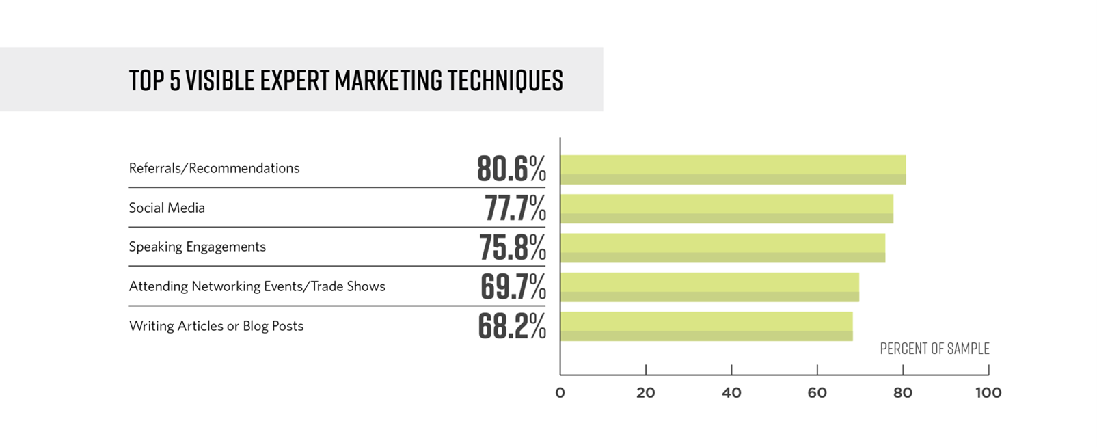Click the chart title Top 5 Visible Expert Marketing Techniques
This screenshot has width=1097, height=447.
pyautogui.click(x=346, y=80)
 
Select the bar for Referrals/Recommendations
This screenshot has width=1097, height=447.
pyautogui.click(x=733, y=170)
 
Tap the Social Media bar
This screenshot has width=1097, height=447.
pyautogui.click(x=727, y=208)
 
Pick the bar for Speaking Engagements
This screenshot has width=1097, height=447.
pyautogui.click(x=722, y=247)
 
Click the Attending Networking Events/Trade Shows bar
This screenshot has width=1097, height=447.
pyautogui.click(x=709, y=287)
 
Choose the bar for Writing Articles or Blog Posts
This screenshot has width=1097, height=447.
pyautogui.click(x=706, y=326)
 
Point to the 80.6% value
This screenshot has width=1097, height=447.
pyautogui.click(x=511, y=169)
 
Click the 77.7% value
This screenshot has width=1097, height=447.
pyautogui.click(x=515, y=208)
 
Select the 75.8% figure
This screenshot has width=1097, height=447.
pyautogui.click(x=512, y=247)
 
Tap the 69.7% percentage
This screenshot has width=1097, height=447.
pyautogui.click(x=513, y=287)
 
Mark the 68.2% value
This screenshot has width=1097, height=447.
pyautogui.click(x=512, y=326)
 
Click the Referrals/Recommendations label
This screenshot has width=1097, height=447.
pyautogui.click(x=214, y=168)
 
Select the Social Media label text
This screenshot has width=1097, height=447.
pyautogui.click(x=167, y=208)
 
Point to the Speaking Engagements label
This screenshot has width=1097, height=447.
pyautogui.click(x=197, y=247)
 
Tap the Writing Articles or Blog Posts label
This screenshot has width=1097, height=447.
pyautogui.click(x=216, y=326)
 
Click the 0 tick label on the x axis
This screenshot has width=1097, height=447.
pyautogui.click(x=560, y=393)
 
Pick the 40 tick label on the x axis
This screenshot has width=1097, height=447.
pyautogui.click(x=731, y=393)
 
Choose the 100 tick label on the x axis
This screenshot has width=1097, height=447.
pyautogui.click(x=988, y=393)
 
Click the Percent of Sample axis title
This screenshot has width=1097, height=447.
pyautogui.click(x=934, y=349)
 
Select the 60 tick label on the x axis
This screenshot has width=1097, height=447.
pyautogui.click(x=817, y=393)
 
